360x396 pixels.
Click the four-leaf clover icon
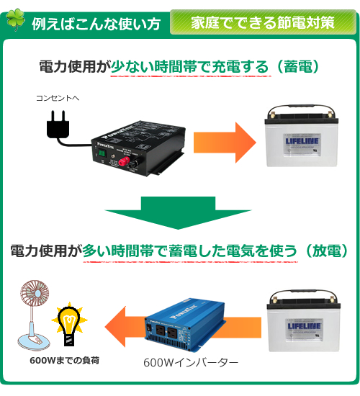[x=15, y=19]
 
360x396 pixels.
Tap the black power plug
[x=58, y=125]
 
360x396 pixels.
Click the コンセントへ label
[x=58, y=98]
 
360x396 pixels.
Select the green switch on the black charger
[x=102, y=153]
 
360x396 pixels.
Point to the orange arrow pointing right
[x=225, y=143]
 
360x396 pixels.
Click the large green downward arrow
[x=178, y=213]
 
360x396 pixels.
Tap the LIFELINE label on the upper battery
[x=302, y=140]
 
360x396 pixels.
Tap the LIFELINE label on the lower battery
[x=305, y=325]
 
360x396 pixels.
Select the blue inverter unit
[x=185, y=325]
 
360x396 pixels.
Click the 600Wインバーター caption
[x=191, y=363]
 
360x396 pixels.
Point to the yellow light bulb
[x=69, y=324]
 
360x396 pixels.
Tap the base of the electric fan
[x=34, y=341]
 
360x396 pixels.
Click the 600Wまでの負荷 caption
[x=65, y=361]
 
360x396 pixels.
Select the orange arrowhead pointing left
[x=115, y=326]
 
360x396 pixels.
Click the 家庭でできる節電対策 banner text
[x=263, y=23]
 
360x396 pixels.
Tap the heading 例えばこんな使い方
[x=96, y=24]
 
